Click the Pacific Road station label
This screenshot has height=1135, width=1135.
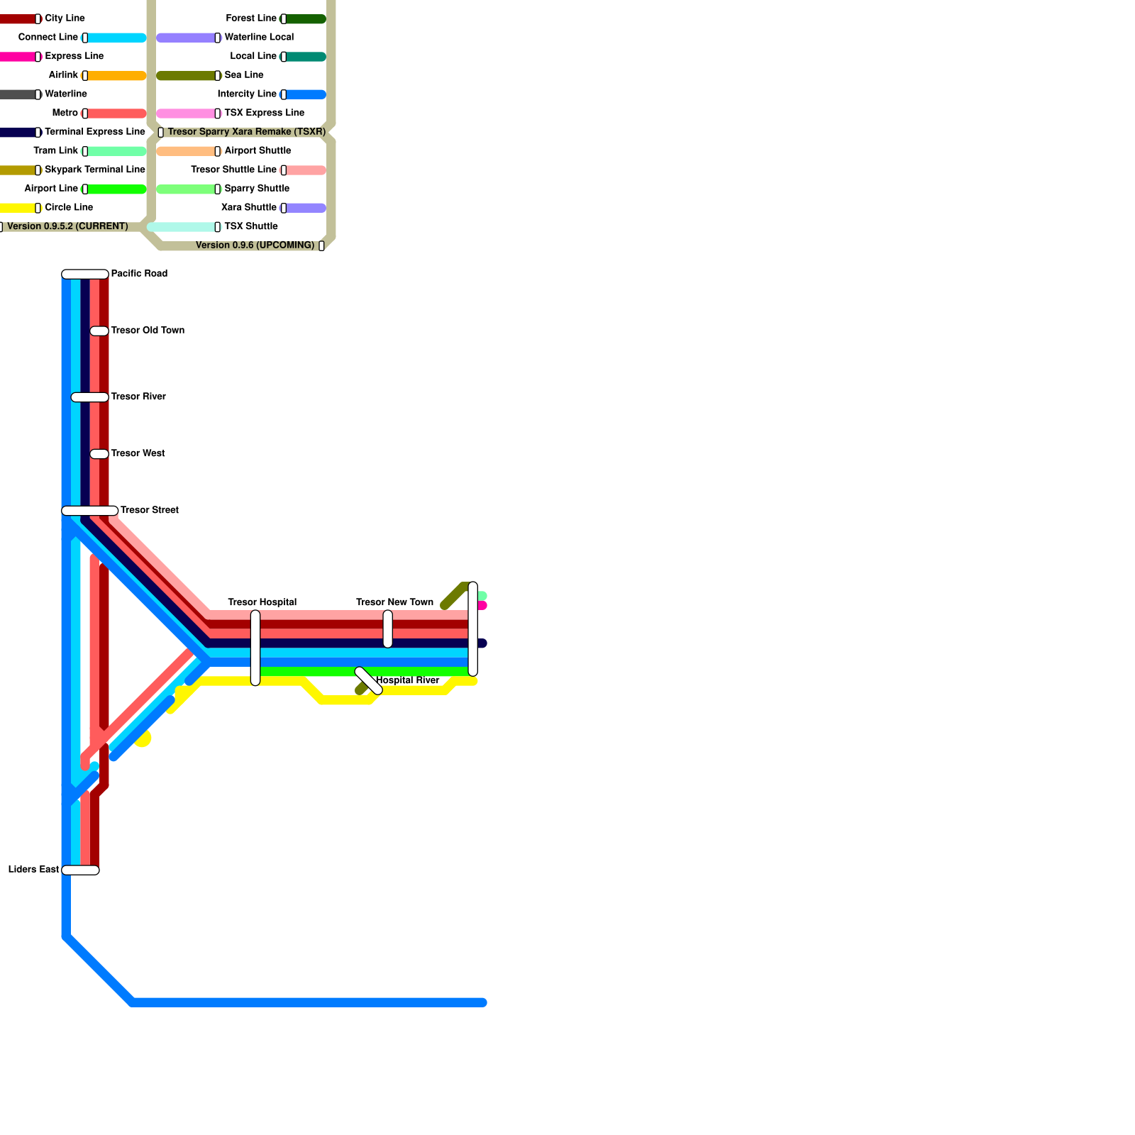point(139,274)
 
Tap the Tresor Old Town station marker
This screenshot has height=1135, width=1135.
point(99,331)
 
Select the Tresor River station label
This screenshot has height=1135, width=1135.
point(138,397)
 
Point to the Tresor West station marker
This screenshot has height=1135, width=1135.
point(99,454)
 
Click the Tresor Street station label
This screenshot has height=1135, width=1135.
point(150,510)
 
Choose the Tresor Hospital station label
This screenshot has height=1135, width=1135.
point(262,602)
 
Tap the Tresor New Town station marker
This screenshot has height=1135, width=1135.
point(388,629)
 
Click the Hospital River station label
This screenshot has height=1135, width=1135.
point(407,680)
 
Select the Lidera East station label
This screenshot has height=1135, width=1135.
point(33,870)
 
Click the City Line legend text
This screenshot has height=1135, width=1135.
point(65,18)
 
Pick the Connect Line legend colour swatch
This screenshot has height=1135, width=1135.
point(116,38)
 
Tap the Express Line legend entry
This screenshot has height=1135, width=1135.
point(74,56)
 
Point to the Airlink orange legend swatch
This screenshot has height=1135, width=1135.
point(116,76)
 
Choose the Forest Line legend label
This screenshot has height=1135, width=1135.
point(251,18)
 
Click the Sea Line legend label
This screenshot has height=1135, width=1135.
point(243,75)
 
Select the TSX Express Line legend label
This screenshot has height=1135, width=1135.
point(264,113)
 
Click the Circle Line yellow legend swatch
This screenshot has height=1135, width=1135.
point(18,208)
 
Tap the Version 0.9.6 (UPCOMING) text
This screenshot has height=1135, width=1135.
point(255,245)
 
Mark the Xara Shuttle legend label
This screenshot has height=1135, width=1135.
point(248,208)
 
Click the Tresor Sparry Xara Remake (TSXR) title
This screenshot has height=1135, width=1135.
point(246,132)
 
